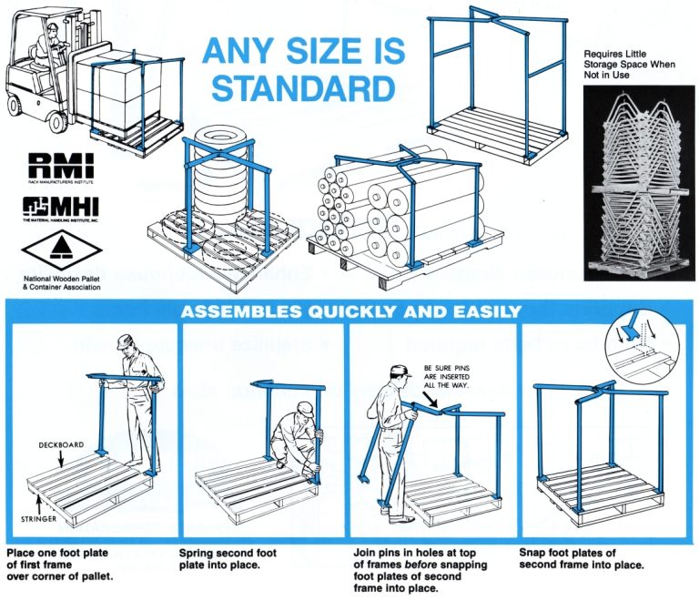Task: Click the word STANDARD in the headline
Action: point(298,87)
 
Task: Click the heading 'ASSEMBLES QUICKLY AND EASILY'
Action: point(350,311)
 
